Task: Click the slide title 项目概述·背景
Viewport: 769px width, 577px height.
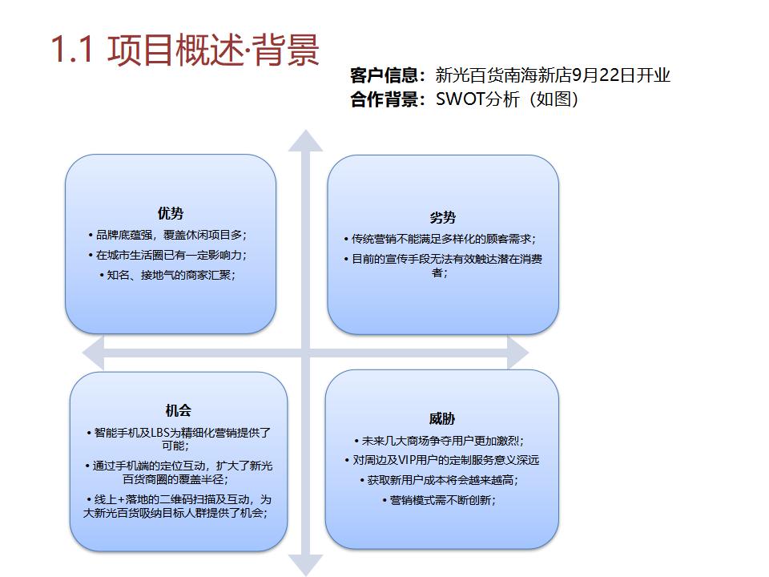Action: (x=213, y=50)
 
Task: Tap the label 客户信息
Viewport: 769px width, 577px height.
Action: (x=384, y=75)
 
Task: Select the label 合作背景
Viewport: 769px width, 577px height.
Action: (x=384, y=99)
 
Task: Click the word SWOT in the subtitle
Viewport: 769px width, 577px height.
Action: (x=460, y=99)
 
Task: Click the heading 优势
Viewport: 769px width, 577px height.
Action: (x=171, y=213)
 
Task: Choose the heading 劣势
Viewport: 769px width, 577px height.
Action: (x=443, y=218)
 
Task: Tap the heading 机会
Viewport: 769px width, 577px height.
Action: (x=178, y=410)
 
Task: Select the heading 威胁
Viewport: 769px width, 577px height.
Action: (x=442, y=419)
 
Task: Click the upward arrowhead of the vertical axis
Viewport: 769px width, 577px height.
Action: (x=305, y=140)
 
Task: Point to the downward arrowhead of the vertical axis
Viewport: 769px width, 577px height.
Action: (x=305, y=565)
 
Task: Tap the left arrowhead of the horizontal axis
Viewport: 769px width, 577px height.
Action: (x=93, y=353)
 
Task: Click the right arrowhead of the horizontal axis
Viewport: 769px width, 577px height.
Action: (x=517, y=353)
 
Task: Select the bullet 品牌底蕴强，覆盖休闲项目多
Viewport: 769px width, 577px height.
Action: (x=170, y=235)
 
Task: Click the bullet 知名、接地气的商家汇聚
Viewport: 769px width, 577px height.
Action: (x=171, y=275)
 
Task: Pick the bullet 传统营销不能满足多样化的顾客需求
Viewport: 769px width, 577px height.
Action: (x=442, y=239)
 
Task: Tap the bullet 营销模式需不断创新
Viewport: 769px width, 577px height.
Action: (x=442, y=500)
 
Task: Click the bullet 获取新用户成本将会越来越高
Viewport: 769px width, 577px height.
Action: (x=442, y=480)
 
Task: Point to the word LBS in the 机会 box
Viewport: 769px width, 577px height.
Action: (x=160, y=432)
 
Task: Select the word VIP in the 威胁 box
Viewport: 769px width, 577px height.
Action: (x=409, y=460)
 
